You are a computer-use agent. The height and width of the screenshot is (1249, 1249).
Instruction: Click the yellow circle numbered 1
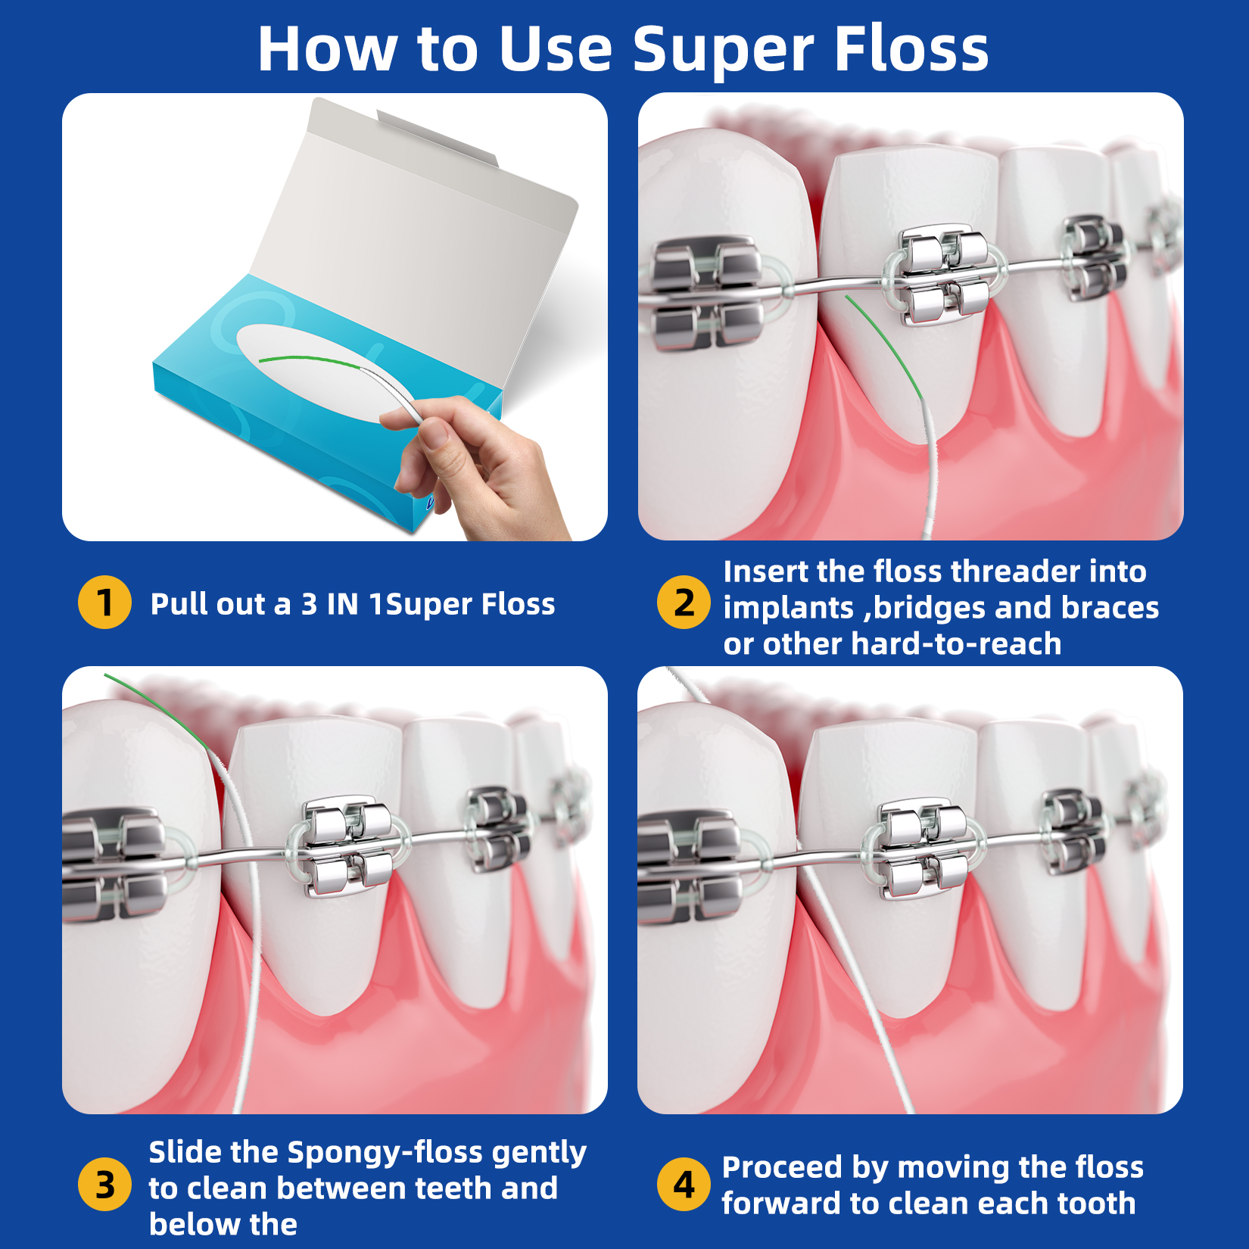pos(104,603)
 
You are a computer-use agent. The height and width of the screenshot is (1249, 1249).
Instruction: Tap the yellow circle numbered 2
pos(684,603)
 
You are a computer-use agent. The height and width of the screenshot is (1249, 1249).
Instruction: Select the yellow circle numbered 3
pos(104,1184)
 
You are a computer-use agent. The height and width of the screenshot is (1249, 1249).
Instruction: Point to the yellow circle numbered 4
pos(684,1184)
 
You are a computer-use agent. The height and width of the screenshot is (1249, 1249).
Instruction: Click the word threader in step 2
pos(1014,572)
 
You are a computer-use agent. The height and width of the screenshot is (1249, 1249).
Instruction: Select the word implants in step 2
pos(787,609)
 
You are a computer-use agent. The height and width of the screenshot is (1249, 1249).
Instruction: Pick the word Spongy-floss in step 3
pos(386,1153)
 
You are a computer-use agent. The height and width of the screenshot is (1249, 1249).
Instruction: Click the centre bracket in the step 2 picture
pos(943,273)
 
